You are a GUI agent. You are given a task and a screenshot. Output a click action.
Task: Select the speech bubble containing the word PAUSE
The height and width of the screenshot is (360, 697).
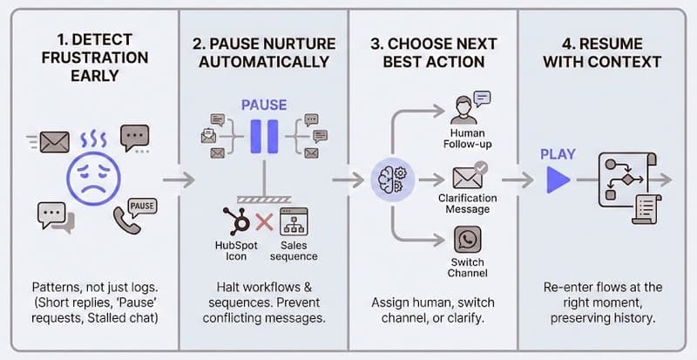click(x=141, y=206)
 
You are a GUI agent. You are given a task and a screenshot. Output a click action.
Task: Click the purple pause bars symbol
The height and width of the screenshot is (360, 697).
click(x=262, y=137)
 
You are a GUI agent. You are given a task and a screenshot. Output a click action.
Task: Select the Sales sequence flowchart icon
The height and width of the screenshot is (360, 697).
click(x=293, y=221)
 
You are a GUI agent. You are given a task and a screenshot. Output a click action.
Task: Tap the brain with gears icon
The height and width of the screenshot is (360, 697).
click(x=389, y=180)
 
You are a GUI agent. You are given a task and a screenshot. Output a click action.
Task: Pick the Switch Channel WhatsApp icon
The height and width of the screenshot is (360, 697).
click(x=468, y=240)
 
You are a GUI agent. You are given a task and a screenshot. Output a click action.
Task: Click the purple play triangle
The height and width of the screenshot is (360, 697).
click(x=558, y=180)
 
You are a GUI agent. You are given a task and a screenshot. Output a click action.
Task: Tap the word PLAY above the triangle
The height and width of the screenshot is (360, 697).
click(x=558, y=154)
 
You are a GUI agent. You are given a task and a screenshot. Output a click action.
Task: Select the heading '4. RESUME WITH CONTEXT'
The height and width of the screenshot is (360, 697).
click(x=602, y=52)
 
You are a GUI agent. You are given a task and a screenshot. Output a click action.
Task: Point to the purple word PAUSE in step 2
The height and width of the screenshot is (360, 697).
click(x=264, y=105)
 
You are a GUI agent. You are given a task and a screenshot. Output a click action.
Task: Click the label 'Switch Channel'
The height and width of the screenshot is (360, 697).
click(x=468, y=268)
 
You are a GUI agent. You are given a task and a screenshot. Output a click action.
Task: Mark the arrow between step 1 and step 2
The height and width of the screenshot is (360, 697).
click(x=176, y=180)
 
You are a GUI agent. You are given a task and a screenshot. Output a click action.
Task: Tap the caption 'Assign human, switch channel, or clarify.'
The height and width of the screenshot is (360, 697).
click(x=434, y=309)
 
